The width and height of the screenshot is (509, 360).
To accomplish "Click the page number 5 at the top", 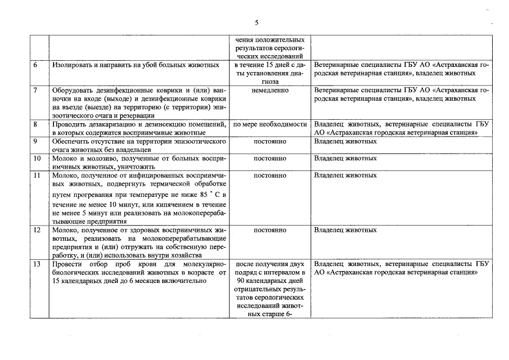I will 256,22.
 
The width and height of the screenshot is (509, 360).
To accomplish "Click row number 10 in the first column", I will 37,158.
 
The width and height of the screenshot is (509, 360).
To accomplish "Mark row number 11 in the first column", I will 37,175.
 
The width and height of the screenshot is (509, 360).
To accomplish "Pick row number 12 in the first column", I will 37,230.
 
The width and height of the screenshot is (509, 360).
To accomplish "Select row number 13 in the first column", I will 37,264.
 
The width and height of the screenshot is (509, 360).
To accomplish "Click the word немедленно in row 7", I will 270,90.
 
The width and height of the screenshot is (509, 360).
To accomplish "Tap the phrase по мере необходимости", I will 270,124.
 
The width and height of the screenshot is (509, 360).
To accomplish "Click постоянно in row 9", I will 270,141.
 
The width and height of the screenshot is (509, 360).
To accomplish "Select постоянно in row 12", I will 270,230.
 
